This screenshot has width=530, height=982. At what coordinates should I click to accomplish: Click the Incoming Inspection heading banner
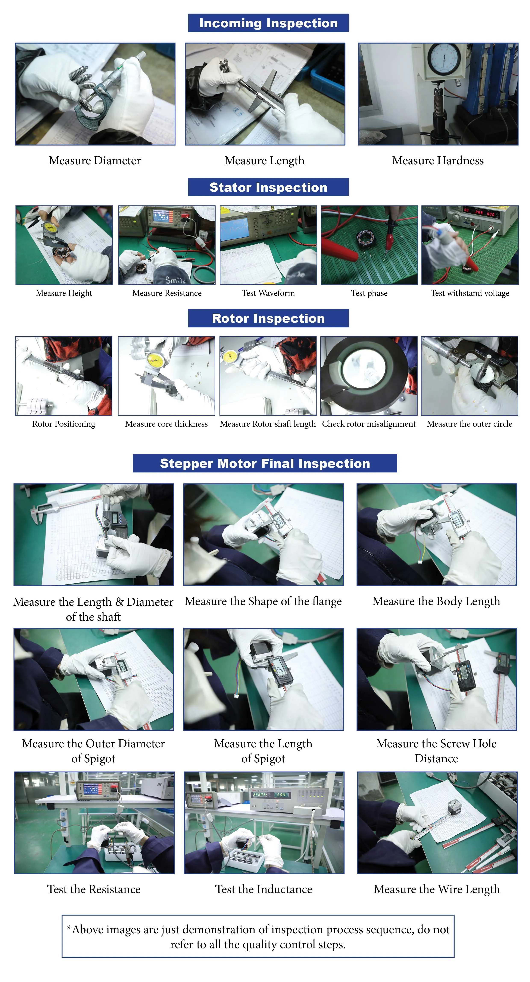click(x=268, y=23)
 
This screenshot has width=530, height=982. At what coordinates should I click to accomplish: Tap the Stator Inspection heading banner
click(x=268, y=187)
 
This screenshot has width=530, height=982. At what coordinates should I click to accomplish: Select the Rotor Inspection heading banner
click(x=268, y=318)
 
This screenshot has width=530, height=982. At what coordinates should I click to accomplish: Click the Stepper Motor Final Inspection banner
click(x=265, y=463)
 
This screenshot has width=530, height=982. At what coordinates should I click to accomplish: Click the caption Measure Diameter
click(x=94, y=160)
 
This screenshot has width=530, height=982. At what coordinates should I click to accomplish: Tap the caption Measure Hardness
click(x=438, y=160)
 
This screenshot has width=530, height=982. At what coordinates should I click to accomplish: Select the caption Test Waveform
click(x=268, y=293)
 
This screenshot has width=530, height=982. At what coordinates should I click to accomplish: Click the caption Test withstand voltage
click(x=470, y=293)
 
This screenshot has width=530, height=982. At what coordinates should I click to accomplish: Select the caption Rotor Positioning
click(x=64, y=424)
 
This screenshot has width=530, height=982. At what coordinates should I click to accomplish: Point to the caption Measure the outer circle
click(x=469, y=424)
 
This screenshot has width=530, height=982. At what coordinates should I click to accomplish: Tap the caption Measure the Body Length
click(x=436, y=601)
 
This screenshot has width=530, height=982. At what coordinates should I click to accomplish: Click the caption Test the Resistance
click(x=94, y=889)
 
